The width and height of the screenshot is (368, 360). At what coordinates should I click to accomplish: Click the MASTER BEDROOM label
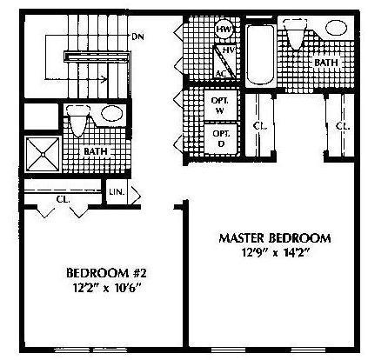point(275,238)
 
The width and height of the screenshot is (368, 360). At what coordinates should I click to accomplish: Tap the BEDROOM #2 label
point(106,273)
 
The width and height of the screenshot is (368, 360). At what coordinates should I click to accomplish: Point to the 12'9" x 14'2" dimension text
point(275,252)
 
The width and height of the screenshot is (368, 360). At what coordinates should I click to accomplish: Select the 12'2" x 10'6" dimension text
point(106,288)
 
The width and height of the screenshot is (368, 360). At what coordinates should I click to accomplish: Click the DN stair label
point(137,37)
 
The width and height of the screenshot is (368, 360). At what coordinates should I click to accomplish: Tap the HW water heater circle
point(224,30)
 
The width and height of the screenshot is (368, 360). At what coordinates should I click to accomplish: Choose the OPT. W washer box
point(221,105)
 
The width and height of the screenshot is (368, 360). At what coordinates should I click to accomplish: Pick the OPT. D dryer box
point(221,138)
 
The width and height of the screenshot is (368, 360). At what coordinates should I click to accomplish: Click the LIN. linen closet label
point(117,192)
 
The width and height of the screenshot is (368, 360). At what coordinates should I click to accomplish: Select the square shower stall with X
point(43,155)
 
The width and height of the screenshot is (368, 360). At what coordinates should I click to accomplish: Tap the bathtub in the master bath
point(260,55)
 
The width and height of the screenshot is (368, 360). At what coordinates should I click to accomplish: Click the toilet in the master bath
point(296,34)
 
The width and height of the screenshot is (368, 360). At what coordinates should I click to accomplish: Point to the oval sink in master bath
point(336,28)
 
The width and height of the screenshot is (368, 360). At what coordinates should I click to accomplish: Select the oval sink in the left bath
point(112,114)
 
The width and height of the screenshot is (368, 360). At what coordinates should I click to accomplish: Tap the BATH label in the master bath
point(326,63)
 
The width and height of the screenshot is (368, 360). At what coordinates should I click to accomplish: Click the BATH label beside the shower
point(96,151)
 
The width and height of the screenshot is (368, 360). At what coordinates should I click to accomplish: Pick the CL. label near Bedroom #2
point(63,199)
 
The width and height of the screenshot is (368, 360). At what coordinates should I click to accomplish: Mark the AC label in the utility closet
point(221,74)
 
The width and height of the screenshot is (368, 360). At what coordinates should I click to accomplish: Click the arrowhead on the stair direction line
point(104,78)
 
